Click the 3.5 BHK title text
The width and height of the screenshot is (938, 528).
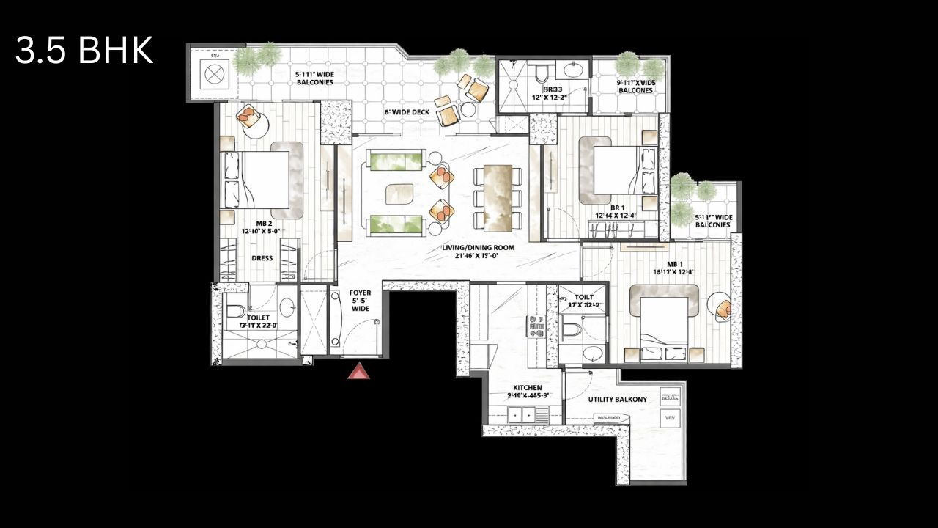click(x=84, y=51)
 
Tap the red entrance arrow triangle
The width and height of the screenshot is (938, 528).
click(x=358, y=372)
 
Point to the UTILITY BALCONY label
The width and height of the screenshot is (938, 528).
click(x=618, y=400)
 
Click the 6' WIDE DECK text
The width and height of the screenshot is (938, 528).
click(x=407, y=112)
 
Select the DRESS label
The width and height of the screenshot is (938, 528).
click(x=262, y=258)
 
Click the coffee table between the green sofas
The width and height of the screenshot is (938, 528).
click(x=400, y=193)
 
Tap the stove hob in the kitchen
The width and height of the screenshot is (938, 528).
click(x=535, y=326)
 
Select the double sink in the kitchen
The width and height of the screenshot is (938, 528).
click(x=522, y=415)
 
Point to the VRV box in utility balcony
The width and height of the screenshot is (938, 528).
click(x=670, y=419)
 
